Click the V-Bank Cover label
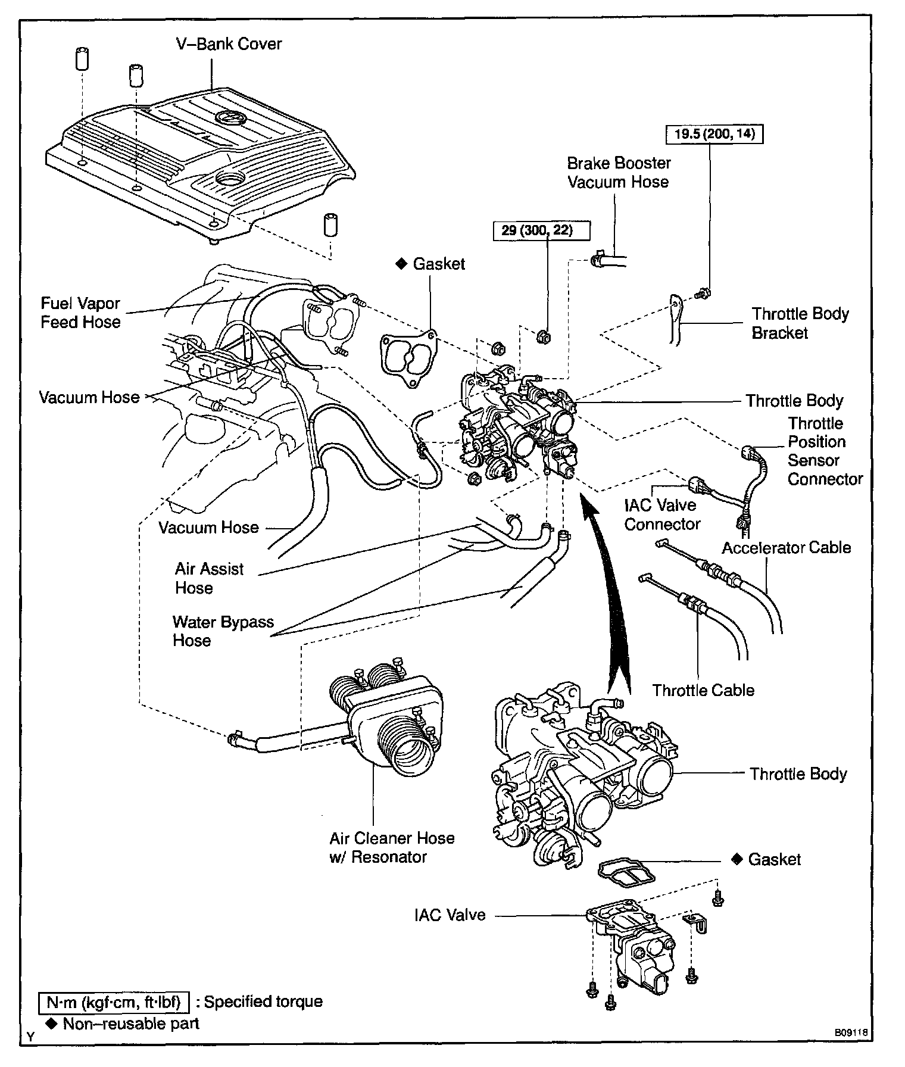coord(229,44)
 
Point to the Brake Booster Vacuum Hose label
coord(619,173)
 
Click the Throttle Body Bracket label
coord(800,323)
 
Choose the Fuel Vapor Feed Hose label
coord(80,313)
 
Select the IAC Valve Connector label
coord(661,514)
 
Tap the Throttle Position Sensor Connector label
coord(825,451)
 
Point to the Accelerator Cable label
coord(786,547)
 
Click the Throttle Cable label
coord(703,690)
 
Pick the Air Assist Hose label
coord(209,578)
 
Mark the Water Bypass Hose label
coord(223,631)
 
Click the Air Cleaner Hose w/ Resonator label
coord(392,847)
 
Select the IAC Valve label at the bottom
coord(450,915)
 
